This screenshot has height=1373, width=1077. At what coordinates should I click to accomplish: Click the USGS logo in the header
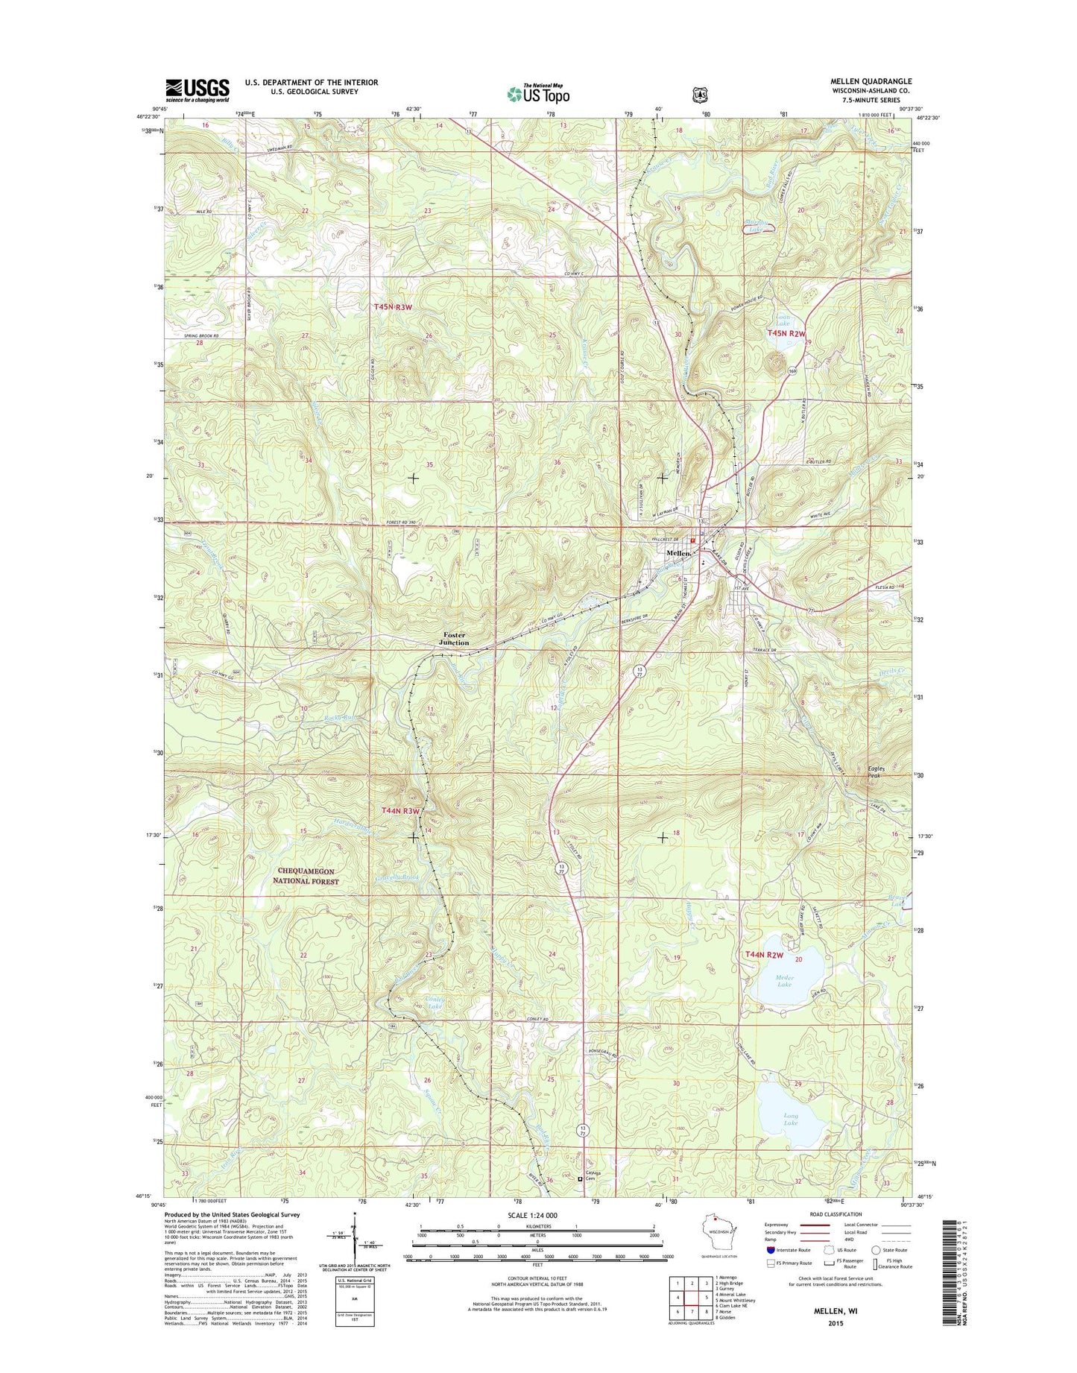(197, 90)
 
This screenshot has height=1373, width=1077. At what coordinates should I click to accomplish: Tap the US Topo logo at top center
(538, 93)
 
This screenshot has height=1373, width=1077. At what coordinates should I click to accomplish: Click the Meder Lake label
(785, 981)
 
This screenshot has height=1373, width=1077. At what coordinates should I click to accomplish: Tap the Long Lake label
(791, 1119)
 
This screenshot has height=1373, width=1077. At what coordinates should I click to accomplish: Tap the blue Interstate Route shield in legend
(770, 1271)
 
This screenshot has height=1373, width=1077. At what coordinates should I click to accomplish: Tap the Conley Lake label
(435, 1001)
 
